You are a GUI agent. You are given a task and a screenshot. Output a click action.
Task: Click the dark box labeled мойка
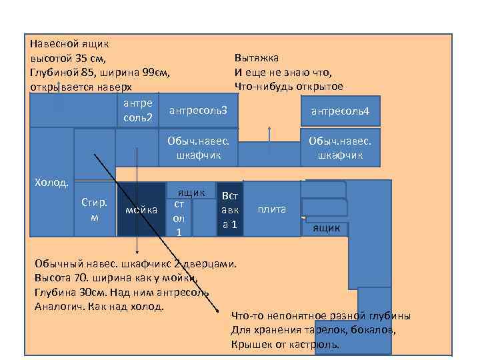click(x=141, y=209)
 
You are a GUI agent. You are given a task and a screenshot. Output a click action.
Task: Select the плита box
click(x=271, y=209)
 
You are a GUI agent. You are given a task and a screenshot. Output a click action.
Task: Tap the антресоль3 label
click(x=198, y=109)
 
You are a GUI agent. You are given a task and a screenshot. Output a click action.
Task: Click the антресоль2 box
click(x=138, y=110)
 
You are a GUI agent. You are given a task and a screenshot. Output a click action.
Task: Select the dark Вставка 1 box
click(x=230, y=209)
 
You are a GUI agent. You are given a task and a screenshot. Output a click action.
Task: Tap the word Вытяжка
click(x=257, y=58)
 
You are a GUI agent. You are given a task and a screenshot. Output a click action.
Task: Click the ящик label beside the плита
click(x=327, y=229)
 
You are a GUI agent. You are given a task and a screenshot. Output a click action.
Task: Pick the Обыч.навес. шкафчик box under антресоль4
click(x=340, y=148)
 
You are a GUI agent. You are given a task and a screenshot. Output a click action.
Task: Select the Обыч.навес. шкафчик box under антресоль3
click(x=198, y=148)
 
